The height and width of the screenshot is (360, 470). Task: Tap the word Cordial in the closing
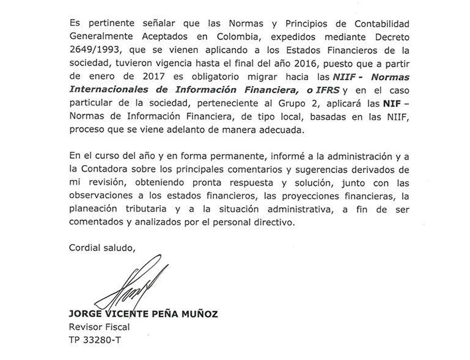coord(85,247)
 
